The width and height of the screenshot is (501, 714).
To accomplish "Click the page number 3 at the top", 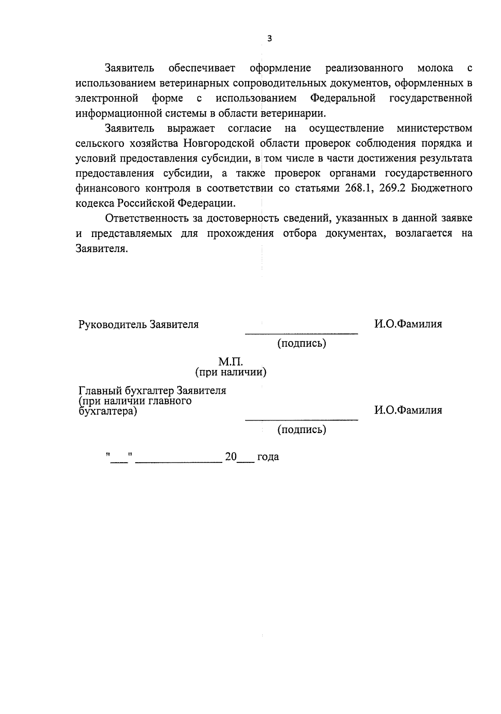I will click(x=269, y=39).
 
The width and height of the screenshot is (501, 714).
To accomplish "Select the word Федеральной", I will click(x=343, y=98).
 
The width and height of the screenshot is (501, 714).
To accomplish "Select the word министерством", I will click(x=435, y=128).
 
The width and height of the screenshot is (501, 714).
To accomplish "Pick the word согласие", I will click(x=250, y=128).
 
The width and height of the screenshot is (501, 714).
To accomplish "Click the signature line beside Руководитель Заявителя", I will click(x=301, y=333).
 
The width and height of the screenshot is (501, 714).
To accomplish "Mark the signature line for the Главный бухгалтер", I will click(x=301, y=419).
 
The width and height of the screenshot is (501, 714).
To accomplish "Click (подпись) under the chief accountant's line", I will click(x=302, y=429).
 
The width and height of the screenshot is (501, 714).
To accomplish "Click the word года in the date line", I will click(x=268, y=457).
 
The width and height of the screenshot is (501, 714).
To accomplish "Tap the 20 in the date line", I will click(x=231, y=457).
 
